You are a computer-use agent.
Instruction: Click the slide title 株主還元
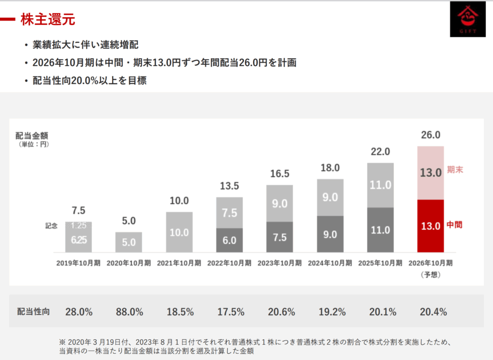48,20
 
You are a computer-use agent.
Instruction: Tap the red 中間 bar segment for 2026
430,226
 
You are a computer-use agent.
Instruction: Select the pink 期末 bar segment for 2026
430,173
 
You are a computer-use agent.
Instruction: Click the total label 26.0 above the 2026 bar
430,135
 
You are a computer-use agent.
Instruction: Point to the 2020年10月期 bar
129,242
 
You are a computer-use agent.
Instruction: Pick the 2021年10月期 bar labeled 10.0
179,232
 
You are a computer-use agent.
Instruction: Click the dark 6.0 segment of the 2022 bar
230,240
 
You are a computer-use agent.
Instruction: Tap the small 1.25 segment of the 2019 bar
78,225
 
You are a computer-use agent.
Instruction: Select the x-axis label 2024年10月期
330,263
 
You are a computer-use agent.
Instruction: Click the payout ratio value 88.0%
129,312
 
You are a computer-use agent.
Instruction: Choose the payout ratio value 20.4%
433,312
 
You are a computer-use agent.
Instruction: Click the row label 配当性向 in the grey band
33,312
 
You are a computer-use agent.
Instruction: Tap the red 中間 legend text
454,225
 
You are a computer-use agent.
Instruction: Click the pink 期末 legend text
454,170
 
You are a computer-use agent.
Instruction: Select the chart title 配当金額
32,135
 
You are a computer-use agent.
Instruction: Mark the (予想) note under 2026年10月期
430,274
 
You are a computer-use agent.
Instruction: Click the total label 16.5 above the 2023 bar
279,174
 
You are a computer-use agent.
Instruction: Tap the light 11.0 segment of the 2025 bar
380,185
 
